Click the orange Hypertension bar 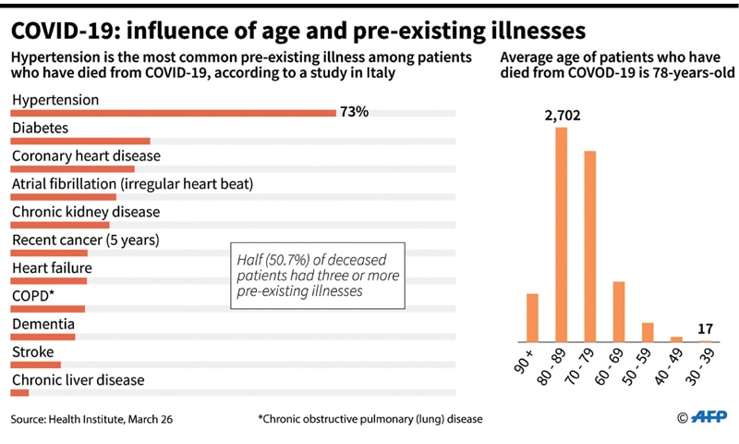[x=173, y=114]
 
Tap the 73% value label [x=355, y=112]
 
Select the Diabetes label [x=40, y=128]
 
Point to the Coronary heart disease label [x=86, y=155]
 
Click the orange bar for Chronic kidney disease [x=60, y=226]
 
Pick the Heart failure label [x=52, y=268]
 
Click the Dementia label [x=43, y=324]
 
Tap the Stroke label [x=33, y=351]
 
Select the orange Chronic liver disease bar [x=19, y=393]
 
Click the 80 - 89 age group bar [x=561, y=235]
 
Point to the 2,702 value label [x=562, y=116]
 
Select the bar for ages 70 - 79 [x=590, y=246]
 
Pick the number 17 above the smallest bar [x=706, y=329]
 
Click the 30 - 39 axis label [x=703, y=367]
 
